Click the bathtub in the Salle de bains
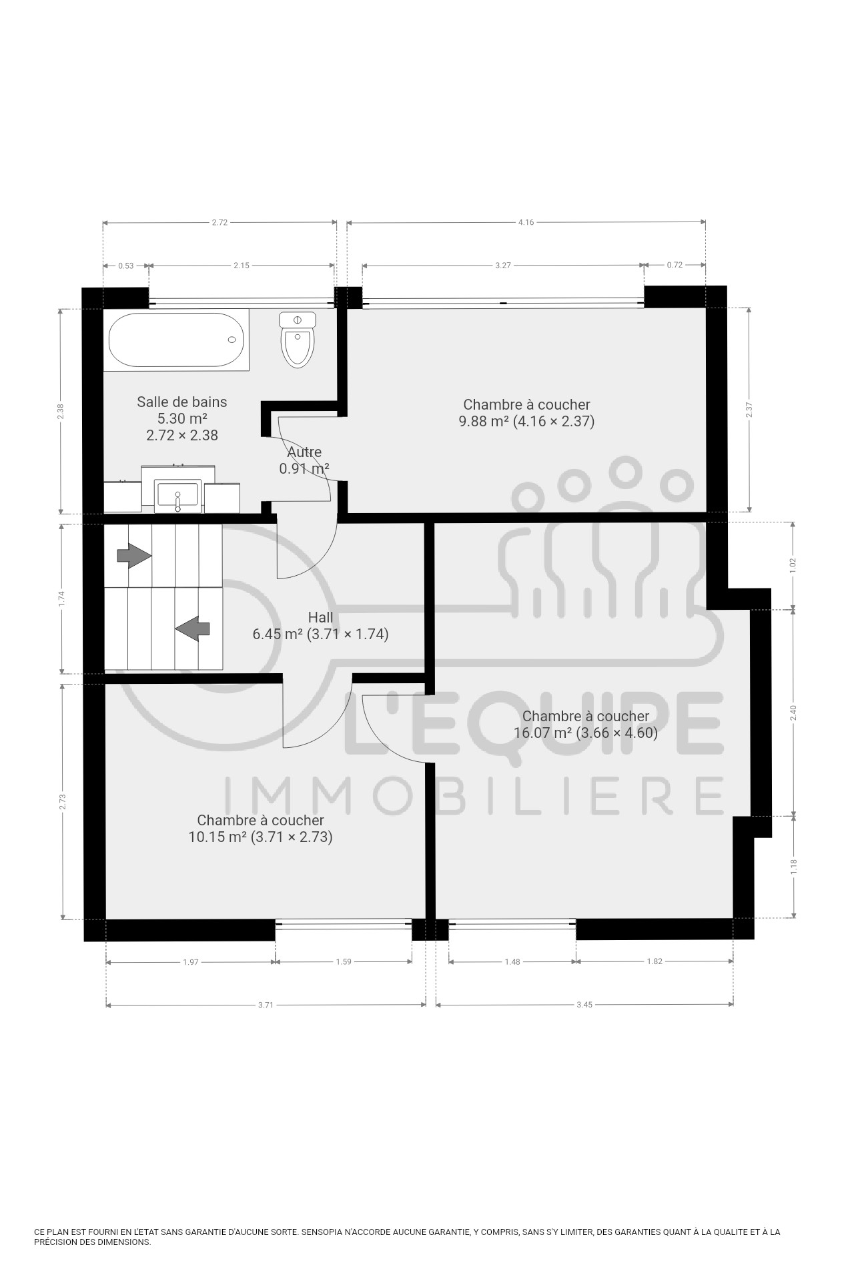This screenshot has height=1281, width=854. pos(176,340)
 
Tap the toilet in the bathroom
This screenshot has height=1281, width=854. pos(298,340)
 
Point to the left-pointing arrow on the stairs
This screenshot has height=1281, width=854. pos(193,628)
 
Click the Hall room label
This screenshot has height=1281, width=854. pos(320,617)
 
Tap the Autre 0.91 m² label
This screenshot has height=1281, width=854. pos(304,460)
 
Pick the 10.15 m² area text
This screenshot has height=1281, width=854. pos(218,837)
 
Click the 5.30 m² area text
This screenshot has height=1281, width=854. pos(182,418)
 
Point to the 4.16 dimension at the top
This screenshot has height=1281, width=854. pos(526,222)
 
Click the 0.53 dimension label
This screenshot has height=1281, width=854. pos(125,266)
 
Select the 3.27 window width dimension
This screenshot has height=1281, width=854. pos(503,266)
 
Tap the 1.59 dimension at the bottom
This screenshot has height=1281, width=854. pos(344,961)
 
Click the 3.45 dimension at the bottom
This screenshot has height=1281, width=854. pos(584,1005)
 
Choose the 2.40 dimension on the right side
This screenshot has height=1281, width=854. pos(793,713)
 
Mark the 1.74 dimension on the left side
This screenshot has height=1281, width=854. pos(62,598)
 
